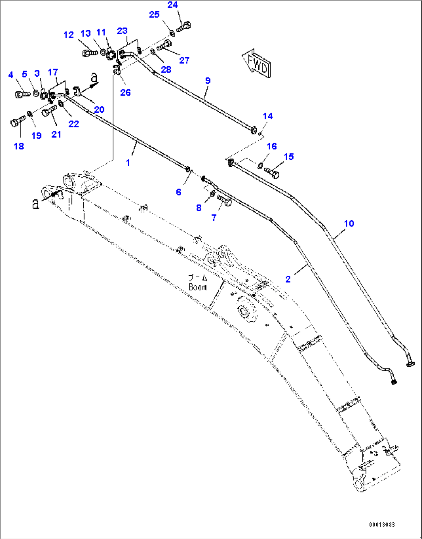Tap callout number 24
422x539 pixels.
click(x=173, y=5)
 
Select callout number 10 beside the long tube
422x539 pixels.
click(x=349, y=223)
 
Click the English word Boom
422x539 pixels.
click(x=197, y=287)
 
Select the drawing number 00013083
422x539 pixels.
click(x=381, y=525)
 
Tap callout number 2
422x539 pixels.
click(x=288, y=279)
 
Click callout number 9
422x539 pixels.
click(x=208, y=81)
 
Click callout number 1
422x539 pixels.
click(x=128, y=163)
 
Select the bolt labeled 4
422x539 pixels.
click(x=22, y=94)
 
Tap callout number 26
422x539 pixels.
click(x=125, y=92)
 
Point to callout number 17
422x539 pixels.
click(x=53, y=72)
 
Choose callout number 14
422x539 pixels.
click(x=268, y=116)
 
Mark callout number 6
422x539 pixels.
click(x=178, y=192)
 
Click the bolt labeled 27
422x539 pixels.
click(x=165, y=46)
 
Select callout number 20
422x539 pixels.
click(x=99, y=109)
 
